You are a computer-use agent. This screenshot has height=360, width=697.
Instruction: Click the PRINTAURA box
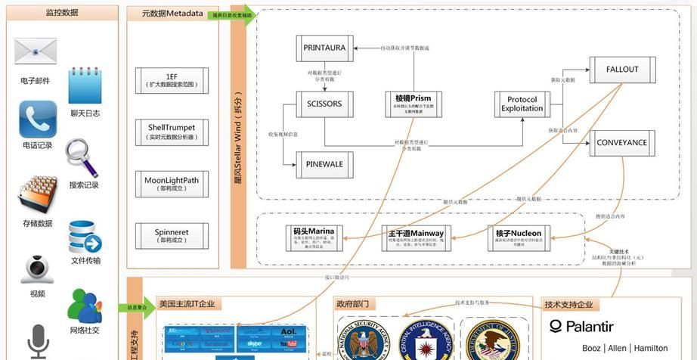(324, 48)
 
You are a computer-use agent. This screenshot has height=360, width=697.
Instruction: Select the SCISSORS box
(324, 104)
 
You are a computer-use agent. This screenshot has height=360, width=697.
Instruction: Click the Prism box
(414, 103)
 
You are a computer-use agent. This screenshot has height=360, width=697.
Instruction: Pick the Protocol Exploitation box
(522, 104)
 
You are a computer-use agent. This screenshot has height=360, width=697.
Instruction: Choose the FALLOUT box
(622, 70)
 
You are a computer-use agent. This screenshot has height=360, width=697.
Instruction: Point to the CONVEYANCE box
(622, 143)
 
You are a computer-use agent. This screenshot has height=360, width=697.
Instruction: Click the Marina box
(314, 236)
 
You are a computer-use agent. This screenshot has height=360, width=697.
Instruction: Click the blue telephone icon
(37, 119)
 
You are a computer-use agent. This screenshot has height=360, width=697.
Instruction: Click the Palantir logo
(581, 327)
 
